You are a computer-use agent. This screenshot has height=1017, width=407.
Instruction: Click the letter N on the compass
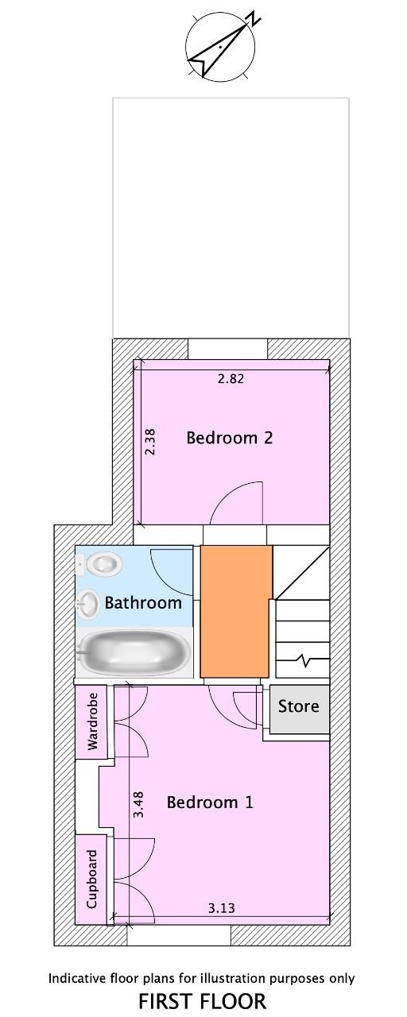(x=253, y=18)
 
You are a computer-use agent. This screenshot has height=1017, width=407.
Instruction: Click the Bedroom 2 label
(x=230, y=438)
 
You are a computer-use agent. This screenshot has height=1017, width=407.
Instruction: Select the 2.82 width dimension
(x=231, y=379)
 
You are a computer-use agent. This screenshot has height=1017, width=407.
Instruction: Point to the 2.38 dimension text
(x=150, y=442)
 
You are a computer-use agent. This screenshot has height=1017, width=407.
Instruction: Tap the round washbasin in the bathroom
(x=87, y=605)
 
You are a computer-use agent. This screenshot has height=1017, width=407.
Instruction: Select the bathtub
(x=133, y=654)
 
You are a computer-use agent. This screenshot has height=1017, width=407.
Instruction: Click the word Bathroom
(x=143, y=603)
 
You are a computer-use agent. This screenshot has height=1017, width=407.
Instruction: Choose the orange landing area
(x=236, y=612)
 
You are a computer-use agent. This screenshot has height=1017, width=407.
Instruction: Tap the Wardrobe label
(x=92, y=721)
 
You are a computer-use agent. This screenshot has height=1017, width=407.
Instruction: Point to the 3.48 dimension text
(x=138, y=805)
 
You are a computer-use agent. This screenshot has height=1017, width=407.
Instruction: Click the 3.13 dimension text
(x=222, y=908)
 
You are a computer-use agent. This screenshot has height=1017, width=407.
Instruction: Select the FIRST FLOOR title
(x=202, y=1001)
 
